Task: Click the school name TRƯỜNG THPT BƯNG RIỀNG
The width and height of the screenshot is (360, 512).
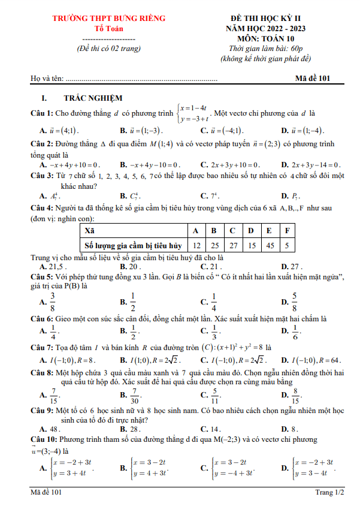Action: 108,19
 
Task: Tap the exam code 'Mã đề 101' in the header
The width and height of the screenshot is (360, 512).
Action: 312,78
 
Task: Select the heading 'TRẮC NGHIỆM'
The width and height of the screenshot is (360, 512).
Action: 93,98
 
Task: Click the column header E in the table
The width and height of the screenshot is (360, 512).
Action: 269,230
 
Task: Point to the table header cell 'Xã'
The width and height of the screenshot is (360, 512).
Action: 89,230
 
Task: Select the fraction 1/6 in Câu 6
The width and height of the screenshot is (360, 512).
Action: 294,331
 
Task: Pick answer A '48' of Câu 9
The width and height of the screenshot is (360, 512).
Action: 53,429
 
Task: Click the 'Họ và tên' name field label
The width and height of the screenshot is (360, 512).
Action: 47,79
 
